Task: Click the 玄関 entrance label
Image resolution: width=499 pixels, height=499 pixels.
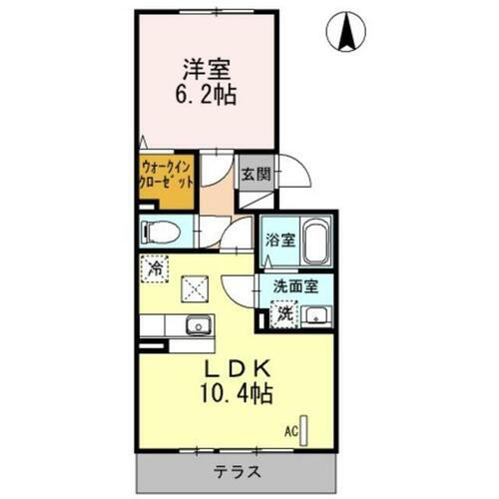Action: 253,174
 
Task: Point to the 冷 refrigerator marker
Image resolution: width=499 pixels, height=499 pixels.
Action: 156,267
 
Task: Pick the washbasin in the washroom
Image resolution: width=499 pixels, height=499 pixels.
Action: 317,316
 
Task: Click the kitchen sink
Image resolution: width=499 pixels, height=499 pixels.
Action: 197,324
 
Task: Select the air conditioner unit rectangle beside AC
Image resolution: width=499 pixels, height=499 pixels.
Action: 307,430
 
